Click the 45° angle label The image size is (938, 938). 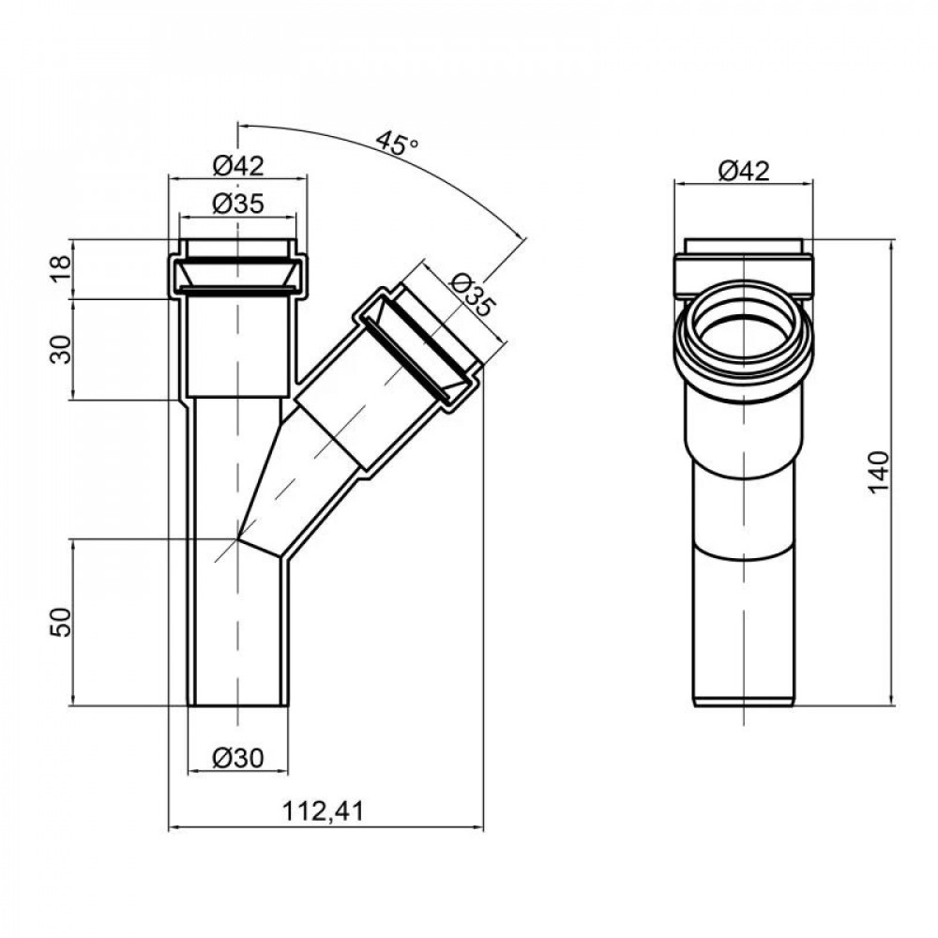pyautogui.click(x=397, y=144)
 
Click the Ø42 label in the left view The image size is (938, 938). pyautogui.click(x=237, y=166)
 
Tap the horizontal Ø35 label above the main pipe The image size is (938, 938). pyautogui.click(x=237, y=204)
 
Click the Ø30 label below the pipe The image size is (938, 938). pyautogui.click(x=237, y=757)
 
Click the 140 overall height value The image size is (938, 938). pyautogui.click(x=878, y=471)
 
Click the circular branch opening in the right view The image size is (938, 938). pyautogui.click(x=742, y=340)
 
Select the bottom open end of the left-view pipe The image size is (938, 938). pyautogui.click(x=237, y=705)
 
